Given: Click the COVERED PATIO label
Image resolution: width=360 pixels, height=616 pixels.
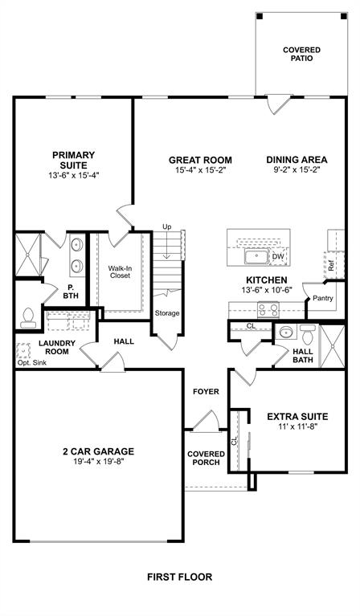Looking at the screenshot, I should point(301,54).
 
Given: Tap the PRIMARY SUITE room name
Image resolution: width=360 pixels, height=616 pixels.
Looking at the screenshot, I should point(73,160).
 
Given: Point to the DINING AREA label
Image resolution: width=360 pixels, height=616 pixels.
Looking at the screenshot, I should point(297,159).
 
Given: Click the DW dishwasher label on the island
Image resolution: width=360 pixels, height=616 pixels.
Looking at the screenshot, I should point(276,257).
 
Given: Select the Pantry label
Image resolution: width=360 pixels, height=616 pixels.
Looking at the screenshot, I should point(323,298).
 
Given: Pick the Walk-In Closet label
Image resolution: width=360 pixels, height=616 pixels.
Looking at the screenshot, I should point(120,271).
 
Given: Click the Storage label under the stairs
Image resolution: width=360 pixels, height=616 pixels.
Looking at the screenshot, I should point(167,313).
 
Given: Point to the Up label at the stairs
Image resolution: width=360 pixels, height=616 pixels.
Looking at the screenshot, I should point(167,226).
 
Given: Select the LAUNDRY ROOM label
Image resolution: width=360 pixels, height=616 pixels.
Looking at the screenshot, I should point(56,347).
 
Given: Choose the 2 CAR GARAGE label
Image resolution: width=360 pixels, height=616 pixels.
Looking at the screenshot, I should point(100,451).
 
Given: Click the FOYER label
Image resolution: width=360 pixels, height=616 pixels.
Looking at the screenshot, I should point(206,391).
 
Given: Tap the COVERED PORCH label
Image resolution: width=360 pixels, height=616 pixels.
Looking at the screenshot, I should point(206,459).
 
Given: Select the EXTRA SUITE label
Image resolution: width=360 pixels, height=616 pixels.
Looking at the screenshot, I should point(297,416).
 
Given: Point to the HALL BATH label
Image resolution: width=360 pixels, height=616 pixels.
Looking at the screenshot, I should point(303,356).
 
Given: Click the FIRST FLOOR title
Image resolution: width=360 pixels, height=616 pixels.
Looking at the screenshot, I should point(179,577).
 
